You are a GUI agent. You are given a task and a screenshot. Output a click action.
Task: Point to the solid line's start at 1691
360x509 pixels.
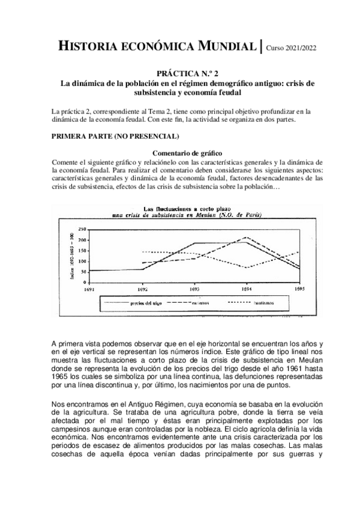91,271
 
